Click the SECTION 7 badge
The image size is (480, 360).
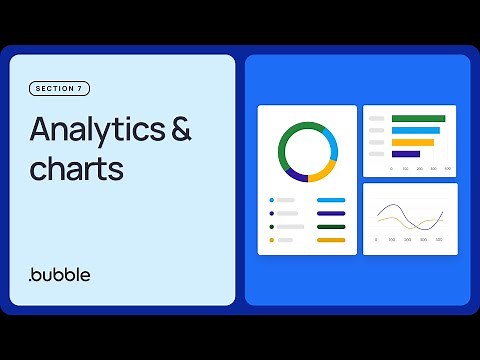(60, 89)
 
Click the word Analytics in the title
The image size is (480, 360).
(96, 130)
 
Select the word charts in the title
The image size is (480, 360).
(76, 168)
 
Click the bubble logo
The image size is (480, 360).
(60, 274)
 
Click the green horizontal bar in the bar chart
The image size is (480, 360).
(418, 119)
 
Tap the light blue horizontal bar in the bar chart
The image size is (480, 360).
(416, 131)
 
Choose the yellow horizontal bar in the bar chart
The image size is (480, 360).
(413, 142)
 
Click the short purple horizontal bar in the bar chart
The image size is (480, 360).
(406, 154)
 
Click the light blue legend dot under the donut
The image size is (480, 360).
(272, 200)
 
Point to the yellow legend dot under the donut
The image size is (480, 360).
(272, 240)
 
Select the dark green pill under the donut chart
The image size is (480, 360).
(331, 227)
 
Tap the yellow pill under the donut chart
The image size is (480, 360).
(331, 240)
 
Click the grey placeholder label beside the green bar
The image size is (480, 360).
(377, 119)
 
